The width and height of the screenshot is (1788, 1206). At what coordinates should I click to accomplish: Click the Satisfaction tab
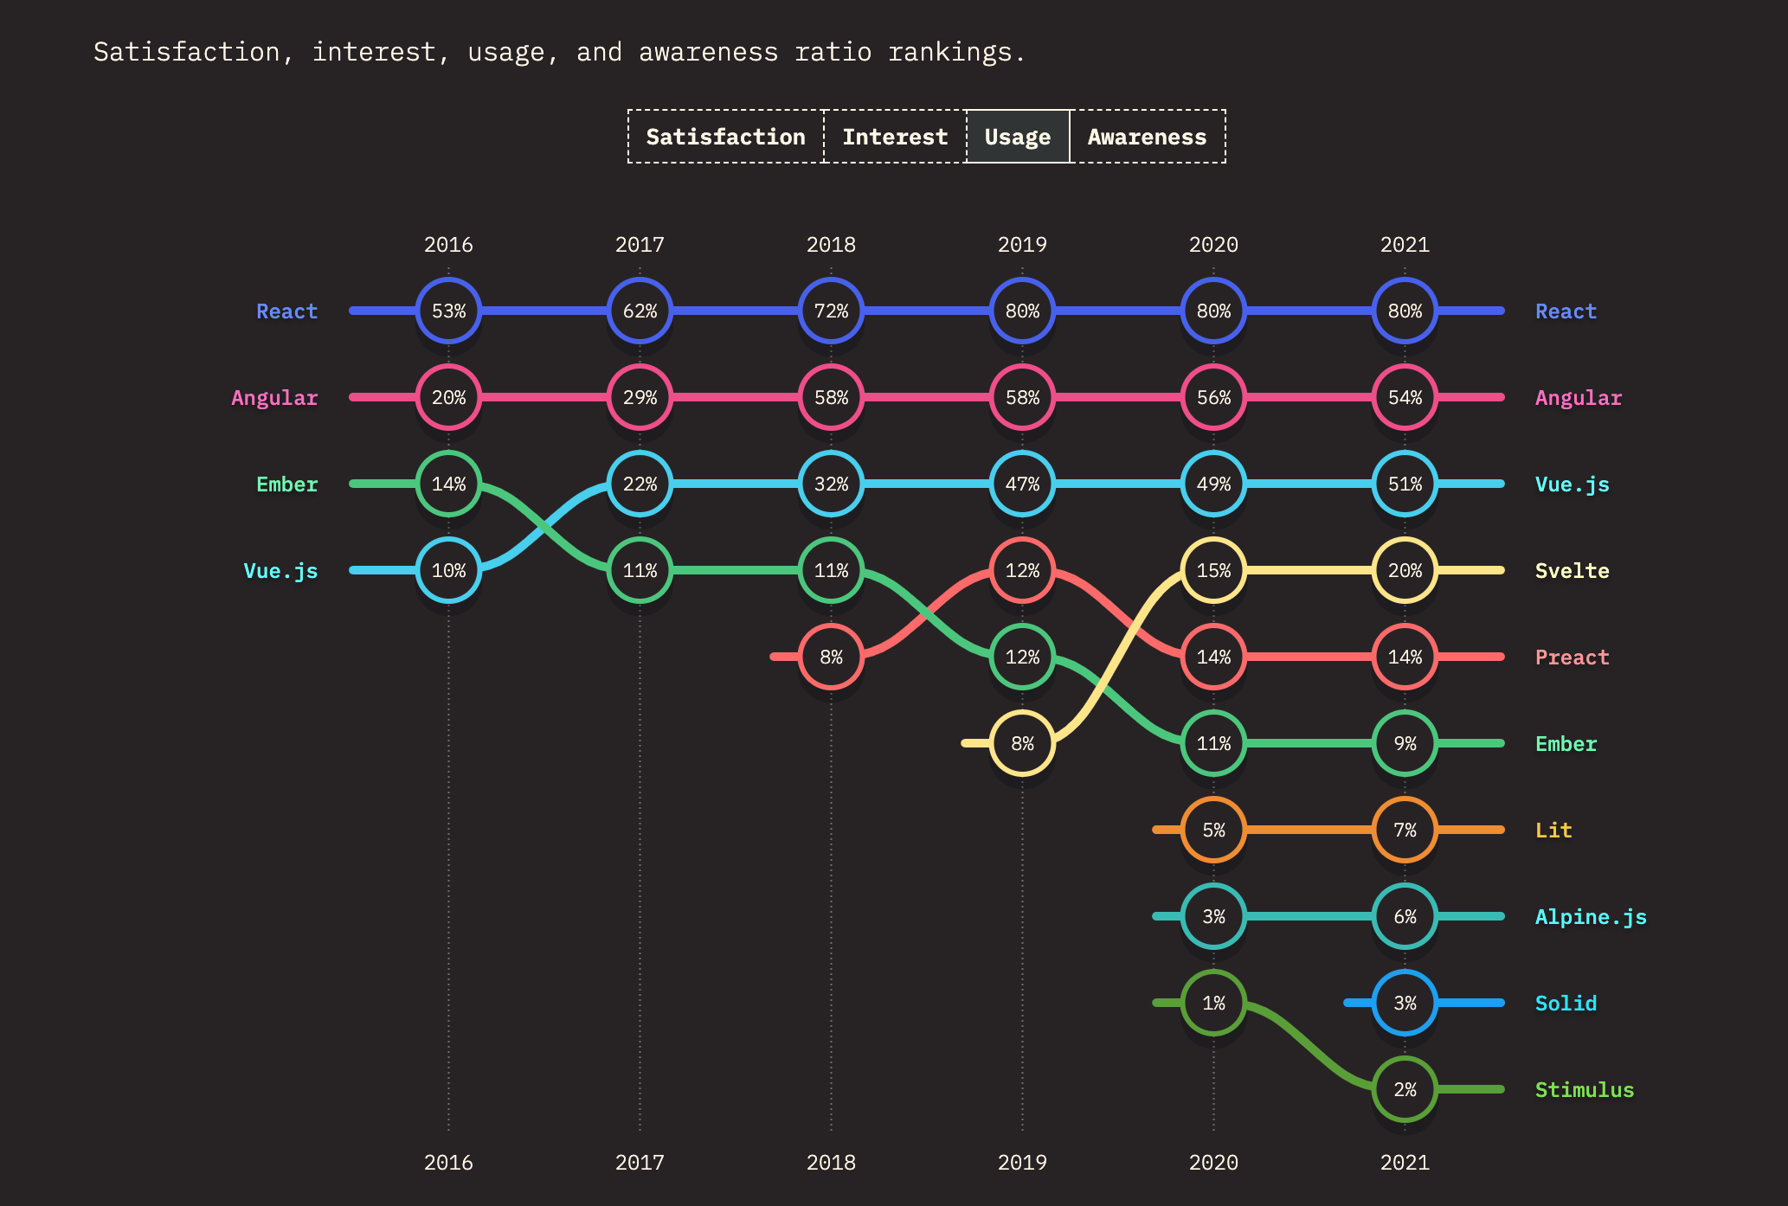725,137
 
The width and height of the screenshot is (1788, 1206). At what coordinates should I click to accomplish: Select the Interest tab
895,137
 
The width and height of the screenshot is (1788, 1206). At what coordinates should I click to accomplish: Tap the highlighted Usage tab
1018,137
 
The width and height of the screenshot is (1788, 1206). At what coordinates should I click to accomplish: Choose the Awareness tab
1147,137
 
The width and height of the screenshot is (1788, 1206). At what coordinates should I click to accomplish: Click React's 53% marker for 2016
448,311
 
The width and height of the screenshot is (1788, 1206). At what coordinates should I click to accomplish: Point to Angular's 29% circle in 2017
640,397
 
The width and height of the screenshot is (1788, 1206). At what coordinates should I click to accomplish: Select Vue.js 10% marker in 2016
448,570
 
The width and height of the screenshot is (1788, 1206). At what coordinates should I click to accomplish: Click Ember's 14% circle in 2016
448,484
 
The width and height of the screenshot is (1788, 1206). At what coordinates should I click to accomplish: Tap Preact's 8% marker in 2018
831,657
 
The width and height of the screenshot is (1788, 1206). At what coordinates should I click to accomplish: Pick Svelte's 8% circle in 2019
1022,743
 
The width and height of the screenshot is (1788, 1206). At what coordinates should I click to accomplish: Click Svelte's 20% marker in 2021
1405,570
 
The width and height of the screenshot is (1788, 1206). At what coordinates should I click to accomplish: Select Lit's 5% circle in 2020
1213,830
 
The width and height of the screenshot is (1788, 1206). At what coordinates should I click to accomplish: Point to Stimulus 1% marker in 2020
1213,1003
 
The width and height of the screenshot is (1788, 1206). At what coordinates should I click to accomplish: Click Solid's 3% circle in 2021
1405,1003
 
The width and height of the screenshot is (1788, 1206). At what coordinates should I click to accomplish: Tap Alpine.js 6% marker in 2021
1405,916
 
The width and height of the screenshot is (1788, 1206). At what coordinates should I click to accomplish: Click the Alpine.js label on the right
1590,917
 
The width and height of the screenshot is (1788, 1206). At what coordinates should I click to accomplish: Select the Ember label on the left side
286,484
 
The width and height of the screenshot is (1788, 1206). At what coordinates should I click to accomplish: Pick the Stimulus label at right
1584,1090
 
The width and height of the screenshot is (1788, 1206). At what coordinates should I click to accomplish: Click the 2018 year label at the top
831,245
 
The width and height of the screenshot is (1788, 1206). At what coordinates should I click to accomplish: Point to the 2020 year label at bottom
1213,1163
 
